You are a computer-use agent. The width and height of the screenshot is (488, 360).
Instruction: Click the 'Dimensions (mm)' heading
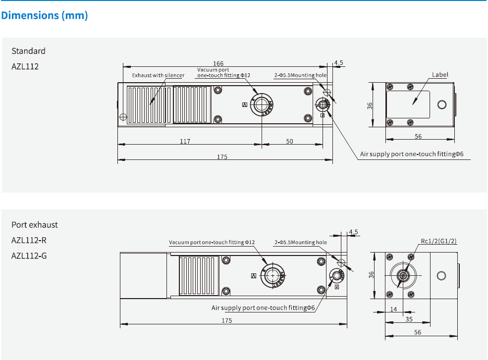[45, 15]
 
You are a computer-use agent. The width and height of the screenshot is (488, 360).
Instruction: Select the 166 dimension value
[218, 63]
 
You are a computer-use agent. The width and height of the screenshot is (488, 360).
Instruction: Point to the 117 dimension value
[185, 141]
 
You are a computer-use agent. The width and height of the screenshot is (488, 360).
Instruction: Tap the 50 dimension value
[289, 141]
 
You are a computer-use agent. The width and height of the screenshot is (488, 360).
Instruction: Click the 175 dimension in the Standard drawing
[222, 157]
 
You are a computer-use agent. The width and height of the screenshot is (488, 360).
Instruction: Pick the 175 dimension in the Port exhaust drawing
[226, 321]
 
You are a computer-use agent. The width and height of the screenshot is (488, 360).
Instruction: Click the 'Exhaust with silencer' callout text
[158, 75]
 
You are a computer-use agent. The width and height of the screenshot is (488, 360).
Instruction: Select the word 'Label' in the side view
[440, 75]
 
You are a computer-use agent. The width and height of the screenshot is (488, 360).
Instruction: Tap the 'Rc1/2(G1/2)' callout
[438, 241]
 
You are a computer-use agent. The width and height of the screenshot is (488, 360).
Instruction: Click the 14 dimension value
[394, 309]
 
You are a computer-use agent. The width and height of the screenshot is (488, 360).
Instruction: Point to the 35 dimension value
[409, 319]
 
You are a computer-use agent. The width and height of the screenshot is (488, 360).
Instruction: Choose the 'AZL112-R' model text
[29, 240]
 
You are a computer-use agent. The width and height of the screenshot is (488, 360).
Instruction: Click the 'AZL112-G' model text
[29, 256]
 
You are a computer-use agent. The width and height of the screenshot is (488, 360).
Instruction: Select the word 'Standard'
[28, 51]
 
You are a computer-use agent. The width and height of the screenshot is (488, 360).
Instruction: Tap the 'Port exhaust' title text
[35, 225]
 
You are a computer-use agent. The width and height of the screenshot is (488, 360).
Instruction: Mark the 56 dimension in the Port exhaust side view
[417, 332]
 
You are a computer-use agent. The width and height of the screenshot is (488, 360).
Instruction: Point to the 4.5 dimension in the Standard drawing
[339, 63]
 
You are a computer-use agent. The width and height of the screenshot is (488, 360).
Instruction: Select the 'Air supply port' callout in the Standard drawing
[412, 154]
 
